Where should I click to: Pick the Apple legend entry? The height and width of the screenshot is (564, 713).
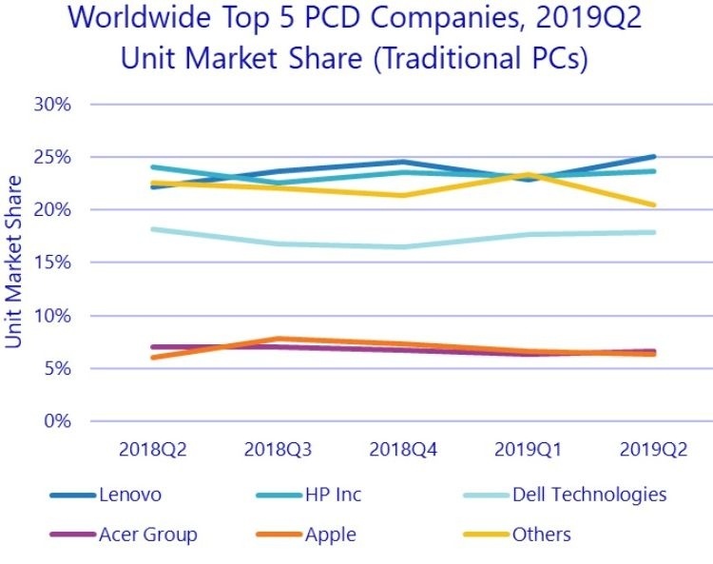pyautogui.click(x=330, y=535)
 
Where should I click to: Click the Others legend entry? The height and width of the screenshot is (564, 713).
pyautogui.click(x=541, y=535)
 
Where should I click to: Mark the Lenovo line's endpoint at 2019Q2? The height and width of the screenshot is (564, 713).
pyautogui.click(x=653, y=157)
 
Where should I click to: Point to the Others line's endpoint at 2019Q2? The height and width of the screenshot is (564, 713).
pyautogui.click(x=653, y=204)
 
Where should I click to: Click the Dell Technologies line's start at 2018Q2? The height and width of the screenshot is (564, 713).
pyautogui.click(x=152, y=229)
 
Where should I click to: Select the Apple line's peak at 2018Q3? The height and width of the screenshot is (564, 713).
pyautogui.click(x=277, y=339)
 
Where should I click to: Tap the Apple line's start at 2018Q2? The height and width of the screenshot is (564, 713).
pyautogui.click(x=152, y=358)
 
